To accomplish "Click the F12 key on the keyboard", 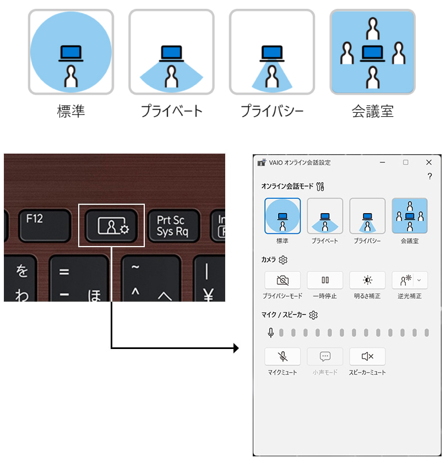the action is pos(45,225).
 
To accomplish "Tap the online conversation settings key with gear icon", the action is pos(111,226).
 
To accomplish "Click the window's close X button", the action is pos(428,162).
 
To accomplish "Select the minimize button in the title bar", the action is pos(382,162).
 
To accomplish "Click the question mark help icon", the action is pos(429,176).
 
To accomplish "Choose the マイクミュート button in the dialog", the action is pos(282,356).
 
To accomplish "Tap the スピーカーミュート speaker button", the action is pos(367,356).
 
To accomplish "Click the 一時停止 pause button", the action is pos(325,280).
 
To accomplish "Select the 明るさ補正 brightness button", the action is pos(367,280).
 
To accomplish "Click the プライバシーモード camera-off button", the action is pos(282,280).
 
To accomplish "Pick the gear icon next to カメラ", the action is pos(283,260).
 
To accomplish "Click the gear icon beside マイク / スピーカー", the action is pos(313,315).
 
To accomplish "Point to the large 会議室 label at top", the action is pos(373,111).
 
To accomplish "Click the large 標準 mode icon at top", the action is pos(71,52).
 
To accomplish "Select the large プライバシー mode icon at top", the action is pos(272,52).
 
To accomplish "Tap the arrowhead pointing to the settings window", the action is pos(236,348).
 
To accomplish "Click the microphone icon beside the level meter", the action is pos(271,332).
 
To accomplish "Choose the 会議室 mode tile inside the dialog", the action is pos(410,216).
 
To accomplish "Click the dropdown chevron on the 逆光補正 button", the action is pos(419,280).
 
